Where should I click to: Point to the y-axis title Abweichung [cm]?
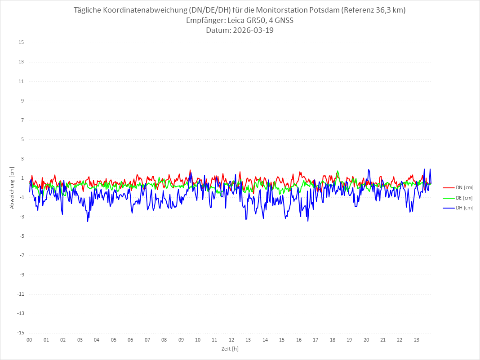[12, 187]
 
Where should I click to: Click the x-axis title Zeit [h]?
[230, 348]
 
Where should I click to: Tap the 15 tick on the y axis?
[21, 43]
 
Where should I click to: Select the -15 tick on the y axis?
[20, 333]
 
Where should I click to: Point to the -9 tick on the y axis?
[21, 275]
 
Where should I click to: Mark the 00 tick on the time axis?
[29, 340]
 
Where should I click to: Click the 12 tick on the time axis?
[231, 340]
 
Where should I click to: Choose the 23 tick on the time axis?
[417, 340]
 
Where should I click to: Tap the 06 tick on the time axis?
[130, 340]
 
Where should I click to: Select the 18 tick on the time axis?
[333, 340]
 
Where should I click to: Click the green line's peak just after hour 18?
[338, 171]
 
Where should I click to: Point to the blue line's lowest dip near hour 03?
[88, 221]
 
